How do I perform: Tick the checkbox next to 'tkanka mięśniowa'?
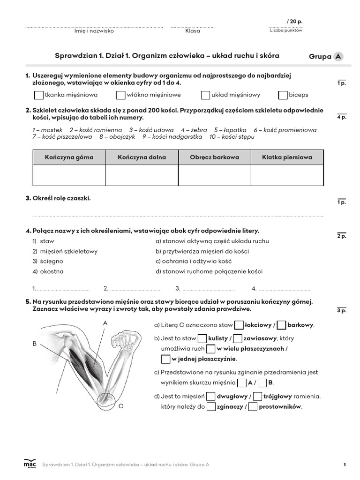click(x=39, y=95)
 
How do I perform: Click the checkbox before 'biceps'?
click(x=283, y=95)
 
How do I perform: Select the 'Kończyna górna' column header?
click(x=69, y=157)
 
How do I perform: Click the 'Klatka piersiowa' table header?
click(x=287, y=157)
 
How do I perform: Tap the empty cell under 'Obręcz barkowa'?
click(x=214, y=175)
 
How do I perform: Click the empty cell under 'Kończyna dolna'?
click(x=142, y=175)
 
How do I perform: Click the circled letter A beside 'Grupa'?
click(x=338, y=57)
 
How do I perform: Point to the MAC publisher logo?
click(x=30, y=463)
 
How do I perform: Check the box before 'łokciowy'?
click(x=239, y=325)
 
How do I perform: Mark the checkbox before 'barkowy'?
click(x=282, y=325)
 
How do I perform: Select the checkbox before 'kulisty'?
click(x=202, y=338)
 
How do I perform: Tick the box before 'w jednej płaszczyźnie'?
click(x=165, y=359)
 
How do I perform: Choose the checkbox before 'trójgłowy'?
click(x=257, y=396)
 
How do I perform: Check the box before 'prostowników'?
click(x=253, y=406)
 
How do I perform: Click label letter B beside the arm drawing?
click(x=34, y=344)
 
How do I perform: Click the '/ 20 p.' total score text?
click(x=294, y=22)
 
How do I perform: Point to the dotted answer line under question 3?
click(x=178, y=216)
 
